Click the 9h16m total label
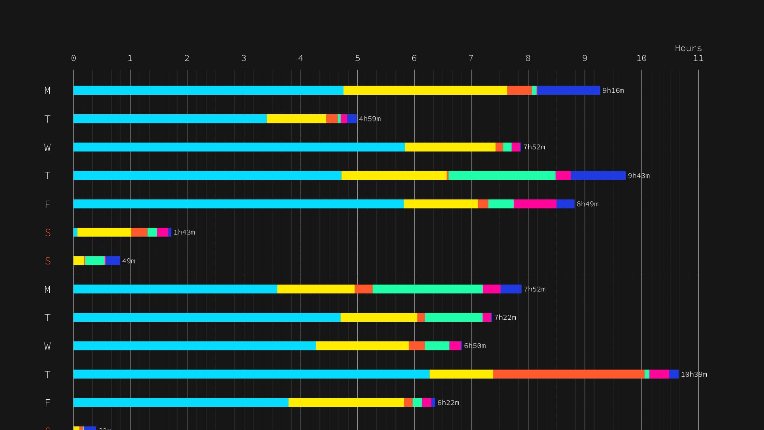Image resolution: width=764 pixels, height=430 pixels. [613, 91]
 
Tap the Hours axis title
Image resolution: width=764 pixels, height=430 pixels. [688, 48]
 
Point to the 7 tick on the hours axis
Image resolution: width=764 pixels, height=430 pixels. [471, 59]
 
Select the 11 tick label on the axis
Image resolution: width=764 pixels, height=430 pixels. [698, 59]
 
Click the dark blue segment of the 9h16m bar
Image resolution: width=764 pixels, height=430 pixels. [568, 90]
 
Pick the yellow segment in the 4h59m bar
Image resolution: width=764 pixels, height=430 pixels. [296, 119]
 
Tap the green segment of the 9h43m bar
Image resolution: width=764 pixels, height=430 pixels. [502, 176]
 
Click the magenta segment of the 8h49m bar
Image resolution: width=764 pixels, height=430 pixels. [535, 204]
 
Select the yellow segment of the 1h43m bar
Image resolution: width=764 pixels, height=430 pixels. [104, 232]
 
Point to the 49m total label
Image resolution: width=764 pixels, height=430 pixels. [129, 261]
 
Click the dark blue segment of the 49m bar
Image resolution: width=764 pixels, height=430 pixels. [113, 261]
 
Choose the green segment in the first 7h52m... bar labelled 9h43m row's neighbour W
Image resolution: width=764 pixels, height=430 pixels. [507, 147]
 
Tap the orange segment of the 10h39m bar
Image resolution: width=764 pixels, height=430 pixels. [569, 374]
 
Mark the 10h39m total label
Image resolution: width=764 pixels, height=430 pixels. [694, 375]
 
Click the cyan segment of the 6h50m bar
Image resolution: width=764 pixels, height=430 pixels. [195, 346]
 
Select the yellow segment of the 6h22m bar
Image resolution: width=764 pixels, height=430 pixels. [346, 403]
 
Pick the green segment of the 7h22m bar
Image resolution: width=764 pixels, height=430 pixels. [454, 317]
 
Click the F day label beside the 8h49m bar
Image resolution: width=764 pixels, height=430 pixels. [47, 204]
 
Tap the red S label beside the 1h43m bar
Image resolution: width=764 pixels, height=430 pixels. [48, 233]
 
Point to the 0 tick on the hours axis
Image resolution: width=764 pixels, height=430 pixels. [74, 59]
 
